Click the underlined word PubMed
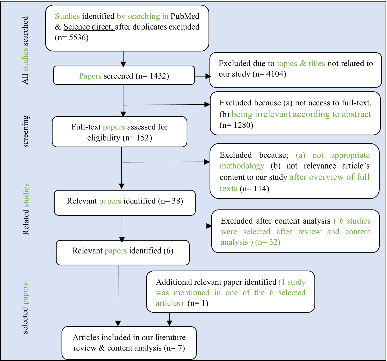coord(185,16)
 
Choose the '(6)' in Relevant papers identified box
coord(168,251)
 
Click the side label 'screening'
coord(26,131)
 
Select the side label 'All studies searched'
coord(25,50)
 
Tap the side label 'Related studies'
coord(26,209)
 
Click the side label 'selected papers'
coord(25,308)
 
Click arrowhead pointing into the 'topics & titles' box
coord(208,76)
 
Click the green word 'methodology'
coord(242,166)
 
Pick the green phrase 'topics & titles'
coord(301,63)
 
